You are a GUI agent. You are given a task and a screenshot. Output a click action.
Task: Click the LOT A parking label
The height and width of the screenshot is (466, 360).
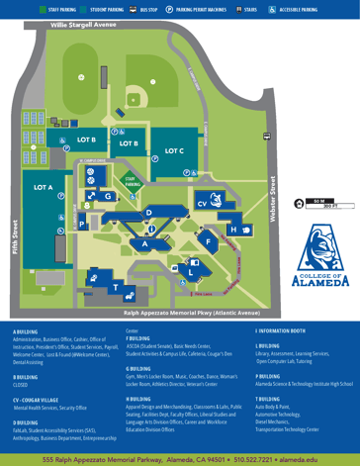[x=44, y=187]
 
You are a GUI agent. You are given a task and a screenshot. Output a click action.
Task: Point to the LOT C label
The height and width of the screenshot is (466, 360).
[x=174, y=150]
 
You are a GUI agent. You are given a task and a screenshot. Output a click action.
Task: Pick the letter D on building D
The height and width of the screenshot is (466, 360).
[x=148, y=213]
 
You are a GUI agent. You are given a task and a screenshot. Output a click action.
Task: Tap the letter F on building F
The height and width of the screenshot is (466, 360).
[x=208, y=240]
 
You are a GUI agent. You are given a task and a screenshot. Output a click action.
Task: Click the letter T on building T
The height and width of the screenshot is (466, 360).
[x=116, y=287]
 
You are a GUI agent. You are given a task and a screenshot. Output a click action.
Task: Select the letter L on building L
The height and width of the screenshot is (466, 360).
[x=190, y=270]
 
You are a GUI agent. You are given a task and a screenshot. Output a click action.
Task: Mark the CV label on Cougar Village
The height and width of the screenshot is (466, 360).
[x=202, y=204]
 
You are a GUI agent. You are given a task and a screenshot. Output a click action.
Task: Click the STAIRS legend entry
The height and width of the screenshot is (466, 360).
[x=247, y=8]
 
